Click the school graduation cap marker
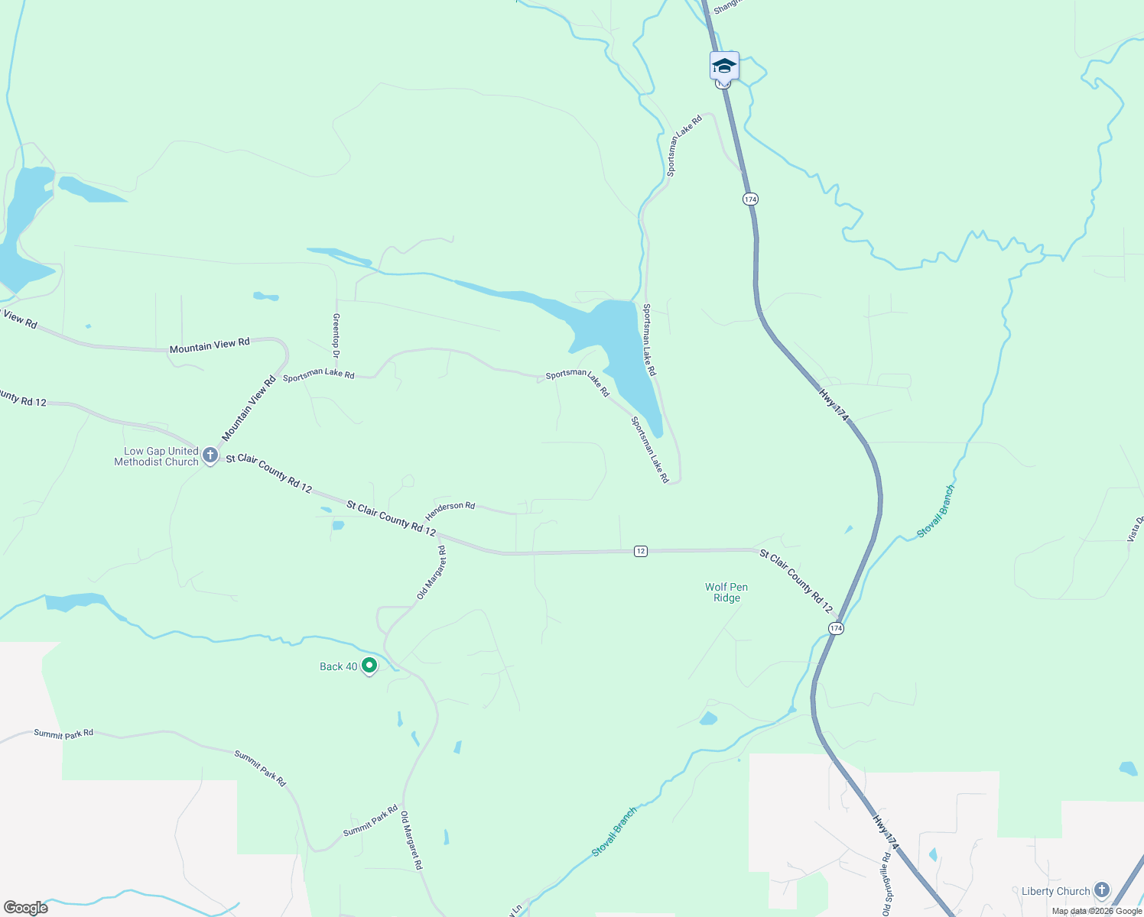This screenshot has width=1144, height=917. (724, 66)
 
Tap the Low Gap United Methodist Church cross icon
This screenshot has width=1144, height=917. (210, 457)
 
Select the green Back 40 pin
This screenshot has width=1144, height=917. (369, 666)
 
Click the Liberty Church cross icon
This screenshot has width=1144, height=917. (1101, 890)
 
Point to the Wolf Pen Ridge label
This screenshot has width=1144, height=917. (726, 592)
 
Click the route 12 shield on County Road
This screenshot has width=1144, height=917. (641, 551)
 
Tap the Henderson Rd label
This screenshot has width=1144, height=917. (450, 510)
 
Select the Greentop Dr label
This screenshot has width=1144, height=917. (336, 335)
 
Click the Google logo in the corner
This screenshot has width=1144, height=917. (25, 908)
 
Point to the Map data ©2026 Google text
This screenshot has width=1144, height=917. (1097, 911)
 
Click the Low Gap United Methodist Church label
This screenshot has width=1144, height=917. (157, 456)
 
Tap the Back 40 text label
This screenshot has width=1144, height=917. (338, 666)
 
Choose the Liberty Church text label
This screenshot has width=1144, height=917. (1055, 891)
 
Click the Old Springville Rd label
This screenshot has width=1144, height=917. (886, 884)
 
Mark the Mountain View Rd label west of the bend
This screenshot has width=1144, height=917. (210, 345)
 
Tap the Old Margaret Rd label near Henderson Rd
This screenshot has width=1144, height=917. (431, 572)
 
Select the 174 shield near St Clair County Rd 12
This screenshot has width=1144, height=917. (836, 628)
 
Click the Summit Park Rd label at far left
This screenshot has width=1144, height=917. (63, 734)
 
